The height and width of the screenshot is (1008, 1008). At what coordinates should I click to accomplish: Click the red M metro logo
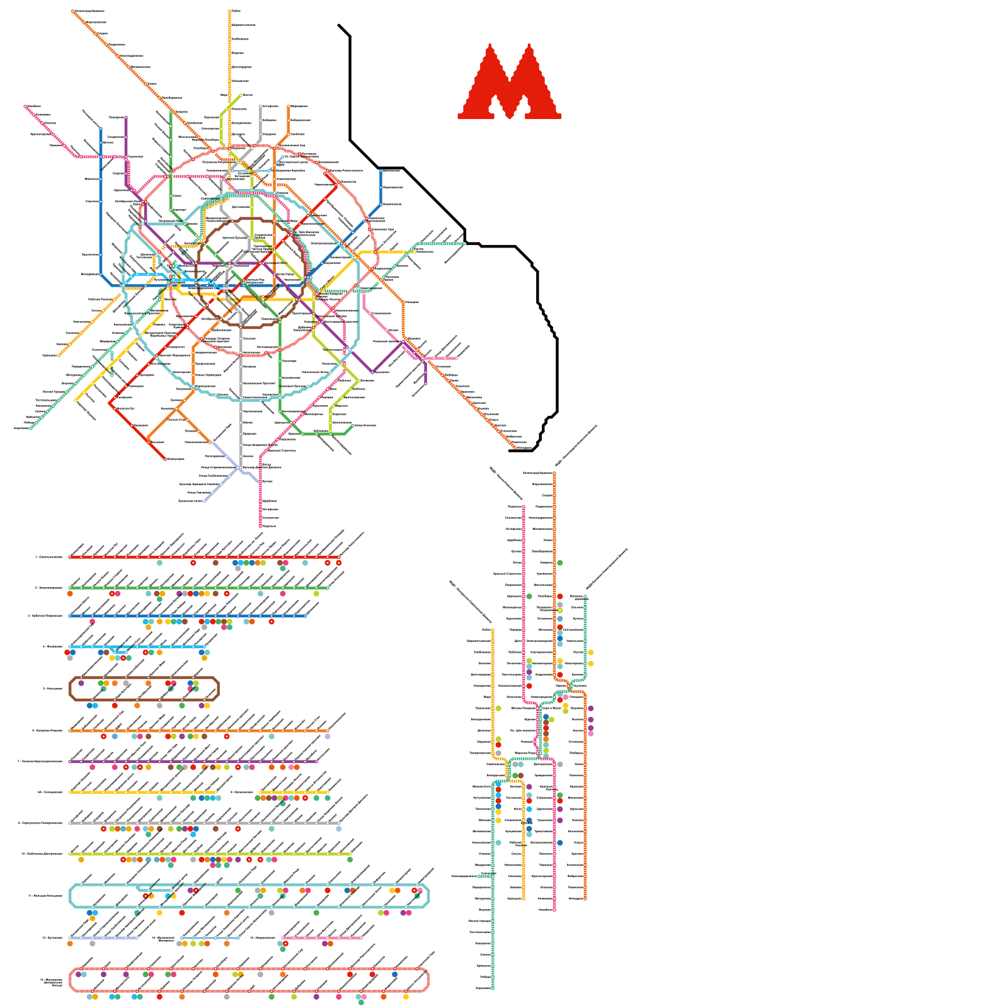tap(509, 82)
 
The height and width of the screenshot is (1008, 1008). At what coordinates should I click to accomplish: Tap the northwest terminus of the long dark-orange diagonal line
tap(73, 11)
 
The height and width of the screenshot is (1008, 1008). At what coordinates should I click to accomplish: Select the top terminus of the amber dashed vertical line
tap(229, 11)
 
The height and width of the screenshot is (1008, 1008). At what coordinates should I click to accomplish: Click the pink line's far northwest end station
tap(26, 106)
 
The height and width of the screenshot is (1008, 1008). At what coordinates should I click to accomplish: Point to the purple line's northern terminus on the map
tap(126, 118)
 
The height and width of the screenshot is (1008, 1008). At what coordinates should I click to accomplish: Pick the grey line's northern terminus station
tap(260, 106)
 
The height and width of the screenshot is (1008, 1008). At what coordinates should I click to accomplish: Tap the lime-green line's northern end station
tap(241, 95)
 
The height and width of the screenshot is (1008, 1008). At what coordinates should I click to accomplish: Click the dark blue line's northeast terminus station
tap(381, 170)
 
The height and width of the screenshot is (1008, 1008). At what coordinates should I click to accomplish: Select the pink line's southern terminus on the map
tap(260, 526)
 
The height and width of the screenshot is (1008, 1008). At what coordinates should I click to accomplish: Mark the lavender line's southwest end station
tap(204, 501)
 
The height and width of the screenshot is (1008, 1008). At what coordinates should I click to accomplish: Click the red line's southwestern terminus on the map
tap(166, 459)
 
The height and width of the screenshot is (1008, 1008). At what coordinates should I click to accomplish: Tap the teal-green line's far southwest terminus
tap(30, 428)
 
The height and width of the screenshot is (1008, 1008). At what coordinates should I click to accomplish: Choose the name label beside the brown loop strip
tap(52, 689)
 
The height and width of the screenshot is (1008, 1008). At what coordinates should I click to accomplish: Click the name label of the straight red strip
tap(49, 557)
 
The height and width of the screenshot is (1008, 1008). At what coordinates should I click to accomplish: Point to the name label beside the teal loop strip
tap(45, 895)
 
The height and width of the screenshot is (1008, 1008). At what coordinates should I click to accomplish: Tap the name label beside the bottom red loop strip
tap(52, 981)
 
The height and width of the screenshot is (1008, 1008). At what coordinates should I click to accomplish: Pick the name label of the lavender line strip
tap(52, 937)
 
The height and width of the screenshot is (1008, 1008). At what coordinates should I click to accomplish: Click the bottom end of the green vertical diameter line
tap(493, 988)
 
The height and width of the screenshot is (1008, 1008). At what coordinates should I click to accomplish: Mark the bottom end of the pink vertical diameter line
tap(554, 910)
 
